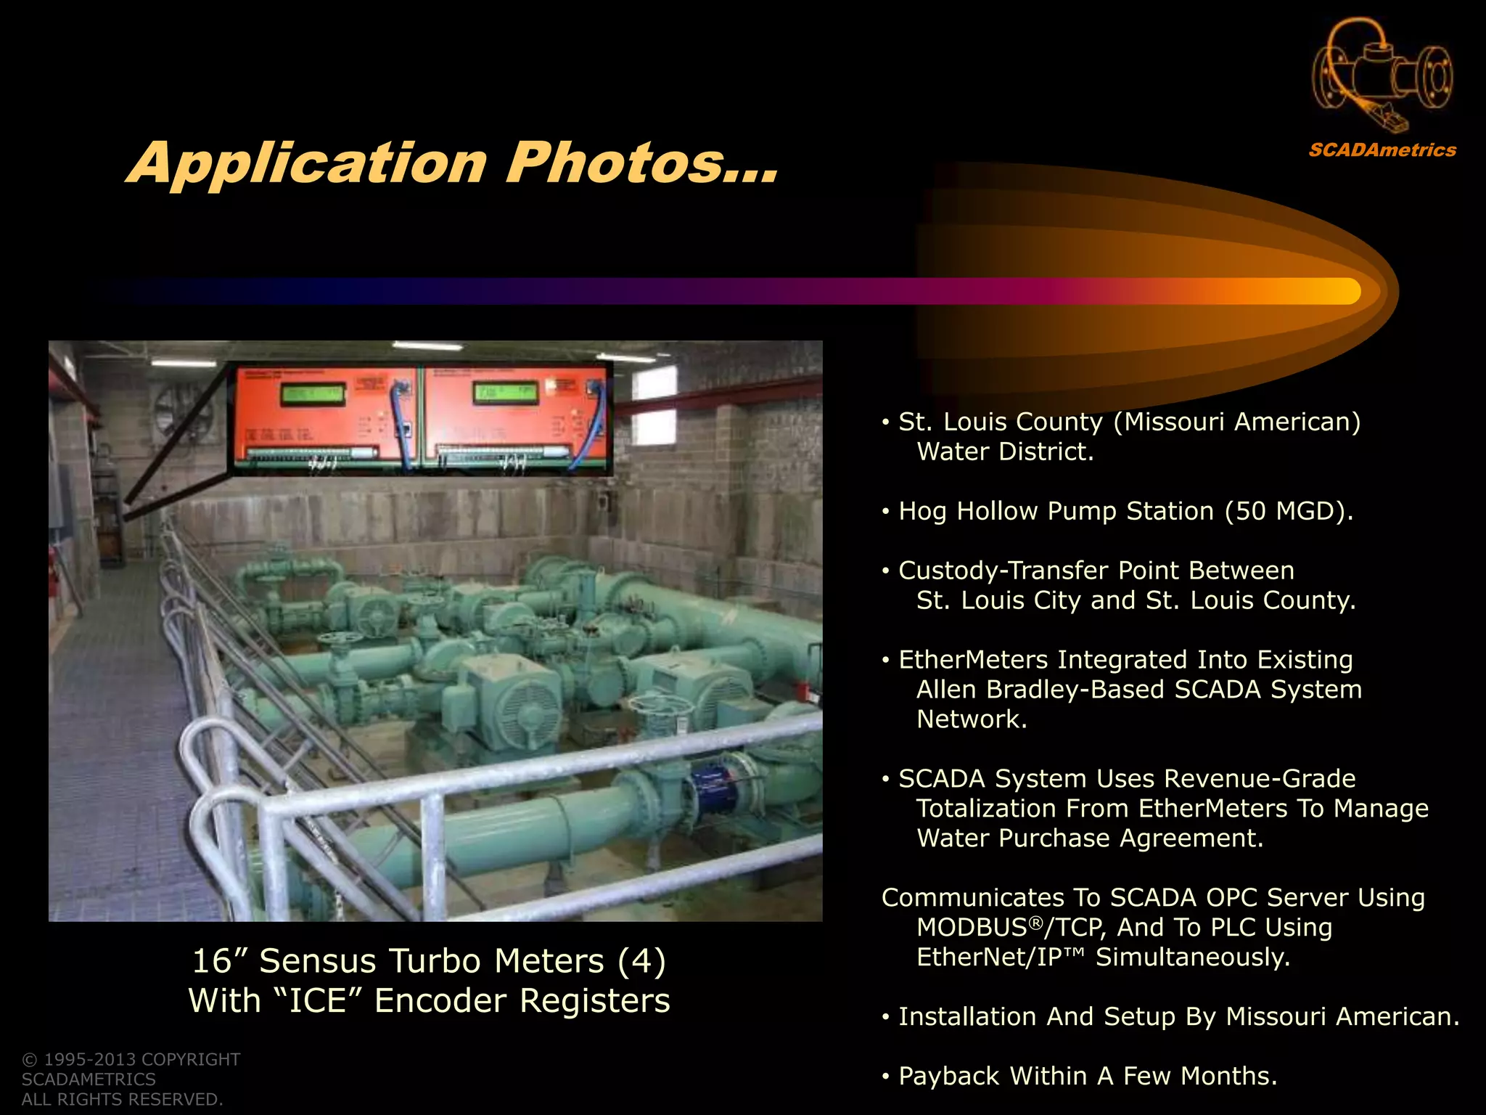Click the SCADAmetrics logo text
click(1382, 150)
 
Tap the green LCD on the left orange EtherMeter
click(313, 395)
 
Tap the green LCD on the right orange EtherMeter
click(505, 394)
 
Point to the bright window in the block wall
click(654, 383)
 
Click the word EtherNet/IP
click(989, 957)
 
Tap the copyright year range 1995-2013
click(90, 1060)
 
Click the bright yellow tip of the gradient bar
click(1342, 291)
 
